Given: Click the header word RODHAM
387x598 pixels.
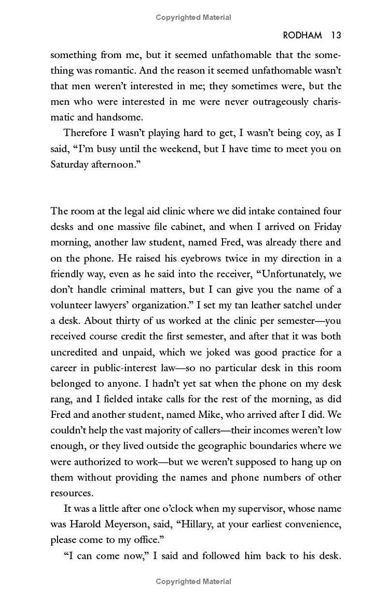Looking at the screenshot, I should coord(302,35).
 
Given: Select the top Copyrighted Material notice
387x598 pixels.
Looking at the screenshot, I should coord(193,17).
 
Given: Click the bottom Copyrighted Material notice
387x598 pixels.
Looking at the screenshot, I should coord(193,582).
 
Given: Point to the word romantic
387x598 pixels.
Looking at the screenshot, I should coord(115,71).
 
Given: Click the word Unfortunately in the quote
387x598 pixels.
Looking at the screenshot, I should coord(293,274).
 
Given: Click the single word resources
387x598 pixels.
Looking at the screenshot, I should coord(71,493).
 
